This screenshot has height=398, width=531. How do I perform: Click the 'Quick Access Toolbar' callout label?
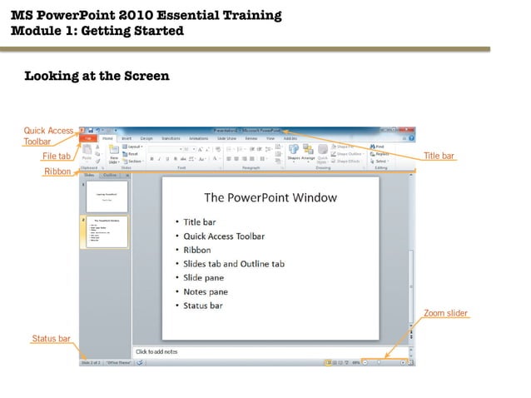point(48,136)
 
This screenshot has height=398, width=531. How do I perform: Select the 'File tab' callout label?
point(57,157)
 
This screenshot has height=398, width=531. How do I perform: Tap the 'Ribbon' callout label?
point(57,172)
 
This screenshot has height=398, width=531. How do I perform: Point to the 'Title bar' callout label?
point(439,157)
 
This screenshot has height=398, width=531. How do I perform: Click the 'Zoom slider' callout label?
point(445,314)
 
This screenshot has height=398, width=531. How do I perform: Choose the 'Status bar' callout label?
point(51,339)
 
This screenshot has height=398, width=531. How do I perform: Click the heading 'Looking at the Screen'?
point(97,77)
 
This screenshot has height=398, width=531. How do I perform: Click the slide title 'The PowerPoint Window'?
point(270,198)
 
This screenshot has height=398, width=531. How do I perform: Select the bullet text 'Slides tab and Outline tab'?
point(234,264)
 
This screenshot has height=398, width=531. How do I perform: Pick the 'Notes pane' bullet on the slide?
point(206,292)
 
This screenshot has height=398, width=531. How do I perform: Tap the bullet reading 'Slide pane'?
point(203,278)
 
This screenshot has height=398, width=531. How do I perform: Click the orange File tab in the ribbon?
point(87,139)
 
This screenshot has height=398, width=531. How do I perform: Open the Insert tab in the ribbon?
point(127,139)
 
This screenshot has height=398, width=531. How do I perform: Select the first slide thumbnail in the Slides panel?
point(105,197)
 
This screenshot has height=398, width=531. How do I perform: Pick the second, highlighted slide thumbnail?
point(105,232)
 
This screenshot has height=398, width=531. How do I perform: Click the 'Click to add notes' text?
point(158,352)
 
